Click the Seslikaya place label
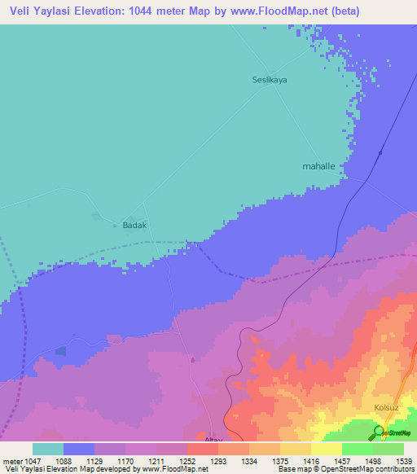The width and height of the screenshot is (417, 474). [x=268, y=80]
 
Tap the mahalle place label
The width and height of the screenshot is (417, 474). [x=319, y=165]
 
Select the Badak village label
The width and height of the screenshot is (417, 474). [x=134, y=226]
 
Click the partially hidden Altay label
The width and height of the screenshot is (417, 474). [x=213, y=439]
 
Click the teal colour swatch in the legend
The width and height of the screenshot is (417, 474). [x=48, y=449]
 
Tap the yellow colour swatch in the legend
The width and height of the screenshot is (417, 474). [x=326, y=449]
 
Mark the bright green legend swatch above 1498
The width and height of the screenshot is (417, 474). [x=357, y=449]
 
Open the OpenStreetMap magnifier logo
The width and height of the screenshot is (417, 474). [x=379, y=431]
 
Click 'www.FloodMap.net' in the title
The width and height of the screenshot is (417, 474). [x=252, y=11]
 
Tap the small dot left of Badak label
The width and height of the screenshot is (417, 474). [x=96, y=217]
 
